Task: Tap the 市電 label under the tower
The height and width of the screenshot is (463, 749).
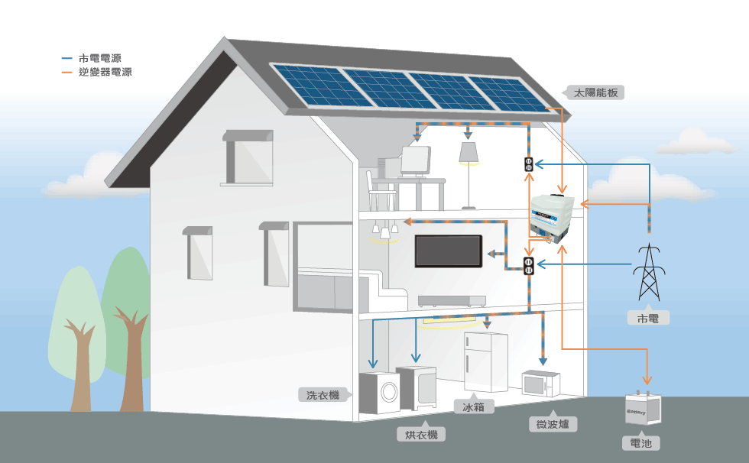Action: pyautogui.click(x=647, y=318)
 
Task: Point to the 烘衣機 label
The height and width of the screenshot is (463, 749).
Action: pyautogui.click(x=421, y=435)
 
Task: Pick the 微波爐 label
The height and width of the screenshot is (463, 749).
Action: pyautogui.click(x=552, y=424)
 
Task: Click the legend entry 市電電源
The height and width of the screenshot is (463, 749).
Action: pyautogui.click(x=99, y=59)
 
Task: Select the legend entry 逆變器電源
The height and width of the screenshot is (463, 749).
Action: pyautogui.click(x=105, y=73)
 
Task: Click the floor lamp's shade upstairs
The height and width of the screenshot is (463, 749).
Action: pyautogui.click(x=469, y=152)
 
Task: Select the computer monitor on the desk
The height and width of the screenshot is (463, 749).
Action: pyautogui.click(x=416, y=160)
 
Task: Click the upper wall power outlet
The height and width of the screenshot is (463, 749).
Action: pyautogui.click(x=528, y=164)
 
